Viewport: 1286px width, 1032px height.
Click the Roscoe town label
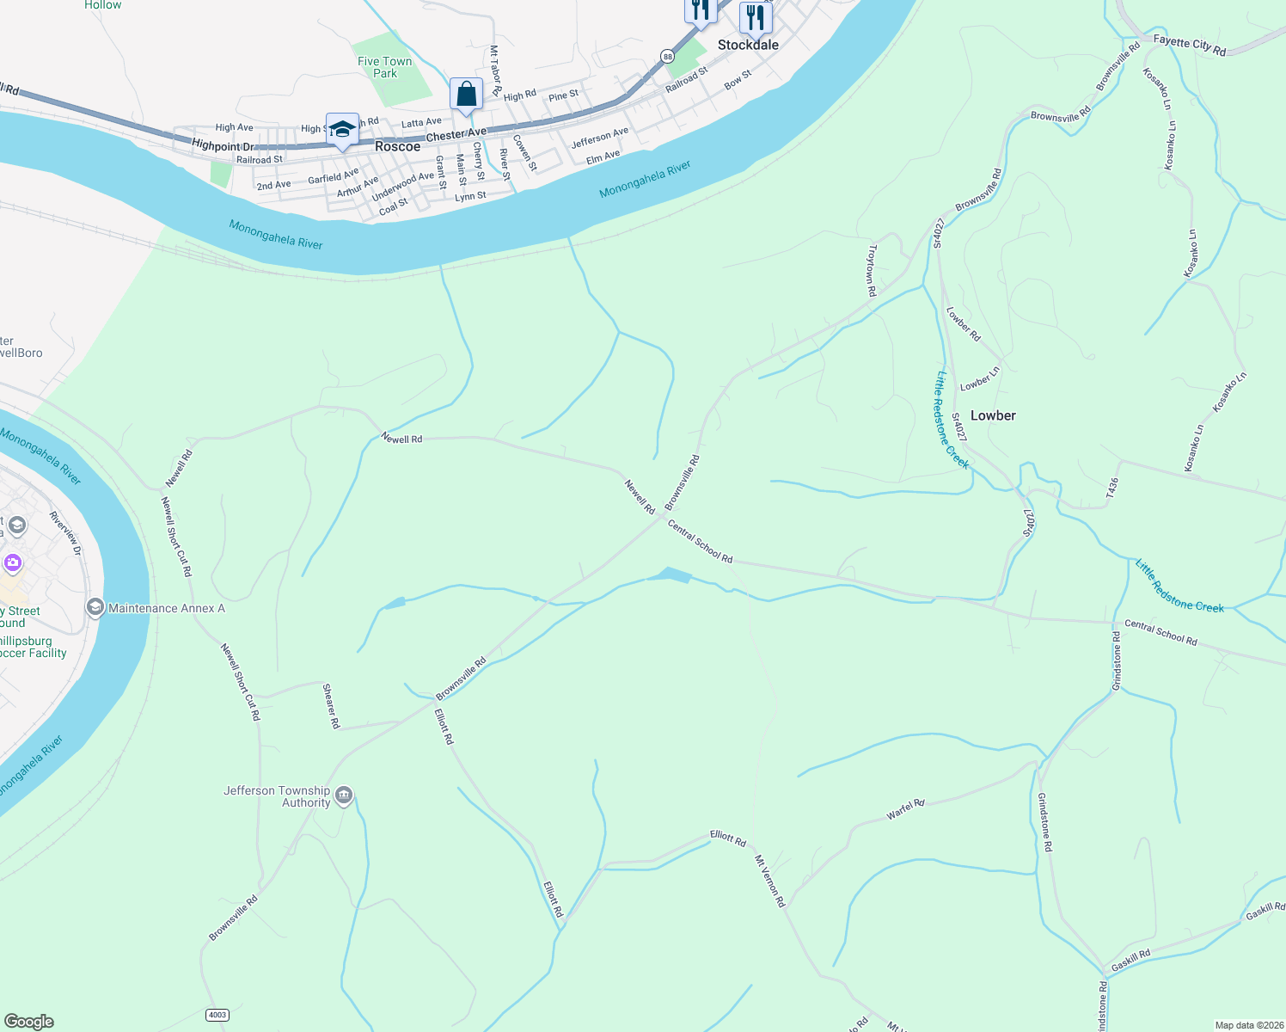point(397,146)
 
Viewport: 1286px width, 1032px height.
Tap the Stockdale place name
point(748,45)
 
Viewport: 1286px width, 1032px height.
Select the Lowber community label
point(993,415)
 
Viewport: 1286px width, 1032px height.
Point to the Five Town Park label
point(385,67)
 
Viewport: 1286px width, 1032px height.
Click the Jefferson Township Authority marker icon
point(344,795)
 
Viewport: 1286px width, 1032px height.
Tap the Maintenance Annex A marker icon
point(95,608)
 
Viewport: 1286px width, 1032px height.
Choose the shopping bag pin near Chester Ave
point(466,94)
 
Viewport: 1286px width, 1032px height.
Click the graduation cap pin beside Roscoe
point(342,129)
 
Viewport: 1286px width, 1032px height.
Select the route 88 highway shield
point(667,56)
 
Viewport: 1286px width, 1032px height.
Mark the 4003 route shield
point(217,1015)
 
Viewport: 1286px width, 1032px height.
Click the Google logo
point(29,1022)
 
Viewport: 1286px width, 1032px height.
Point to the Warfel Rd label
point(906,809)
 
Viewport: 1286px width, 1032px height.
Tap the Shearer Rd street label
point(331,706)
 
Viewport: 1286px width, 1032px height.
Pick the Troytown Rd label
point(872,270)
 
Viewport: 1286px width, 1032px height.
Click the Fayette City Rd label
point(1190,45)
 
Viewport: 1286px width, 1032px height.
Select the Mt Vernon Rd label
point(769,881)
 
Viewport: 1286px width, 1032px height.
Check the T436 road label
point(1113,488)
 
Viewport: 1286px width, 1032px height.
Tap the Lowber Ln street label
point(980,378)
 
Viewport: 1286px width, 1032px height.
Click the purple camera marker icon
point(12,563)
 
